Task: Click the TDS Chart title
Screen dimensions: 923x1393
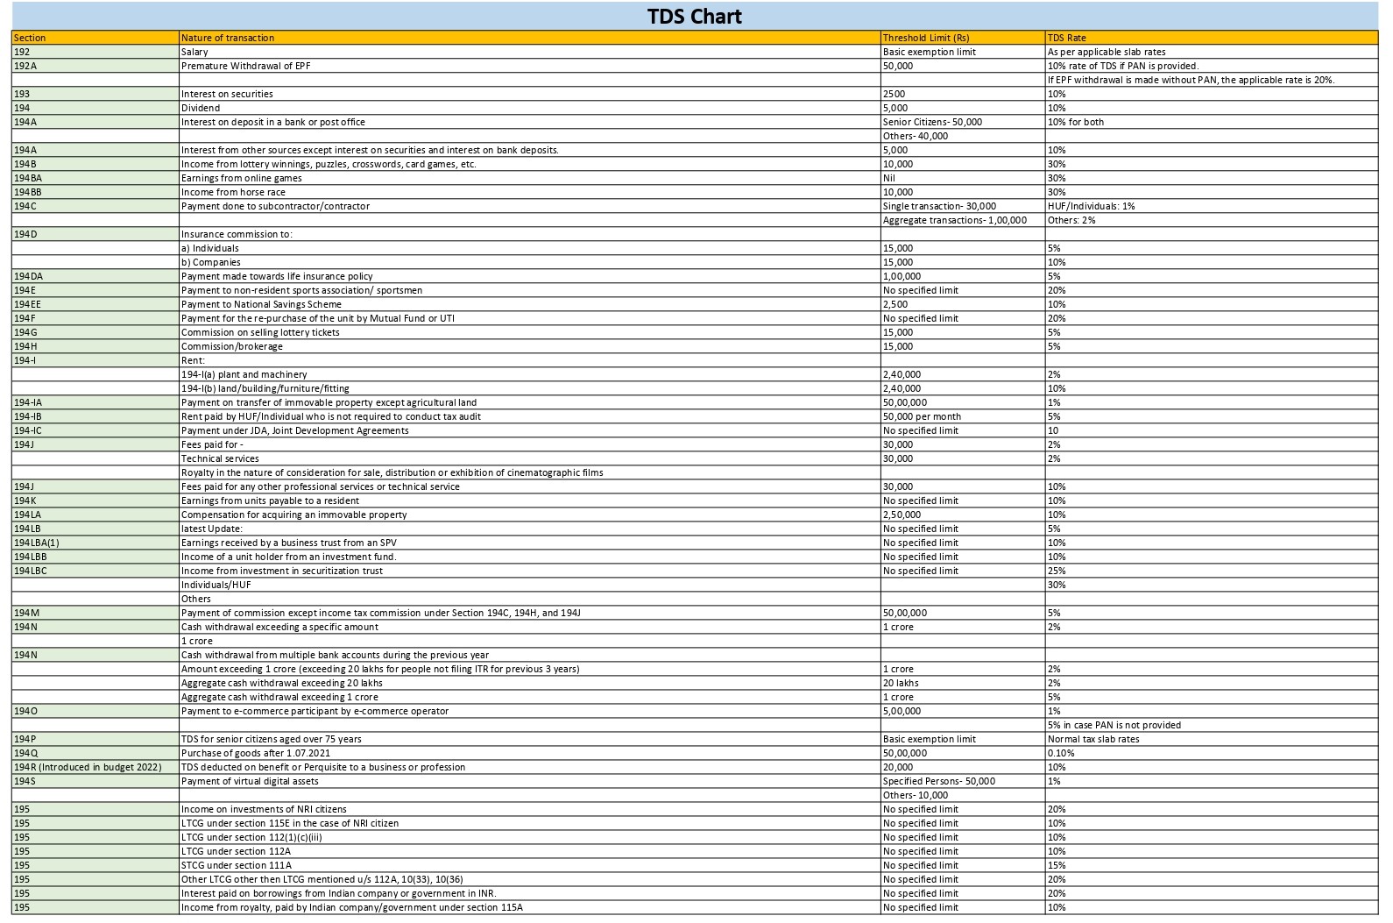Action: (695, 17)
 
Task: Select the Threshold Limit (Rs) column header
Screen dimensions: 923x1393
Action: (926, 38)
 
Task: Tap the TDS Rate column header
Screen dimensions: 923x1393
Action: (1067, 38)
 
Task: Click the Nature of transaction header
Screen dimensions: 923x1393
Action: (228, 38)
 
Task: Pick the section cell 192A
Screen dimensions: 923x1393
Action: (25, 66)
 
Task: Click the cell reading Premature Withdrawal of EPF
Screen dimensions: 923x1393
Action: (245, 66)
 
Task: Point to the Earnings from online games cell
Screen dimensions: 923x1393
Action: (241, 178)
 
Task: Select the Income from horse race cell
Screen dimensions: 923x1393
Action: (233, 192)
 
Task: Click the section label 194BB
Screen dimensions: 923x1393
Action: (28, 192)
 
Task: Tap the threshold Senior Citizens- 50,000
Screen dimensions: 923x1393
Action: (932, 122)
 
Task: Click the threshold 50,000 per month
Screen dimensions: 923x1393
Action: (922, 416)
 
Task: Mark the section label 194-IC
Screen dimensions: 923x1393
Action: (28, 430)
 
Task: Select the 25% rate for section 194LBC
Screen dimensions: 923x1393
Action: (1057, 571)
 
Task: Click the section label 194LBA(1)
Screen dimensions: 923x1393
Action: (37, 543)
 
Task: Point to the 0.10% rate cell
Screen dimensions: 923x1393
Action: (1061, 753)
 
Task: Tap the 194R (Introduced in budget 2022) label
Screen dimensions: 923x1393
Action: (88, 767)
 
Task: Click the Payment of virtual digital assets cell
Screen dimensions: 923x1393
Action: (250, 781)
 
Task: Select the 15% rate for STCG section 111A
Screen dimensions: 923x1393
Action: (1057, 865)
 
